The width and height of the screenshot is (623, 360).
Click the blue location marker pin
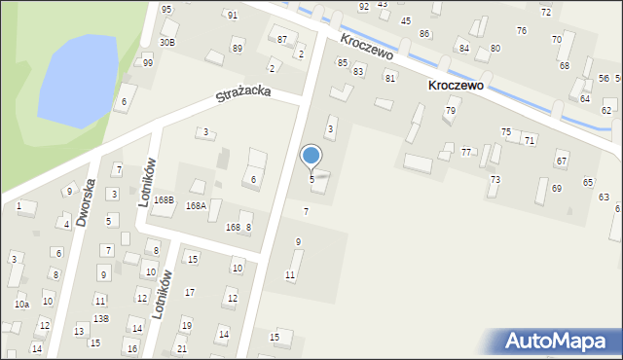tap(311, 156)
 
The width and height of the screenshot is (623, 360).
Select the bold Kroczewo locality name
tap(456, 86)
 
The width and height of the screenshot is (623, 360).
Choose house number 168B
tap(164, 200)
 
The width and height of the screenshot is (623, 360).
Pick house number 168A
tap(197, 206)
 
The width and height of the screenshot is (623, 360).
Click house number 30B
tap(167, 43)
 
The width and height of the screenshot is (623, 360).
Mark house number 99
tap(148, 63)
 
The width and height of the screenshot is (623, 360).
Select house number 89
tap(237, 49)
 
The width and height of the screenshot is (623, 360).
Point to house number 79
tap(451, 111)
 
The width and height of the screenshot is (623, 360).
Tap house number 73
tap(495, 180)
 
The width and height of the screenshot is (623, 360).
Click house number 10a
tap(21, 305)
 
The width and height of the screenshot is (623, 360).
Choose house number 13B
tap(100, 318)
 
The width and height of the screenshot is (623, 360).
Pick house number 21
tap(181, 348)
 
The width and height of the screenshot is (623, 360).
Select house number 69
tap(557, 188)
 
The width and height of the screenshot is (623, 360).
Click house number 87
tap(282, 40)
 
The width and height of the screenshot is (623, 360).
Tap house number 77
tap(466, 153)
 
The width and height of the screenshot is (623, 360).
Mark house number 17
tap(190, 292)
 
